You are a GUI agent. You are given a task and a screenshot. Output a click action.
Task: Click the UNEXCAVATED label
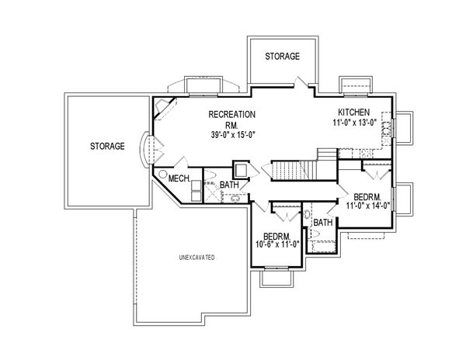(196, 258)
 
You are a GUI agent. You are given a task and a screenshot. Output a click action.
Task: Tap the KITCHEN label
(354, 112)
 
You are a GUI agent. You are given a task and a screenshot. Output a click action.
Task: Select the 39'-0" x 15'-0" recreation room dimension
(234, 135)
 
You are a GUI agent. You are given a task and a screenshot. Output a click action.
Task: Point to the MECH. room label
(179, 178)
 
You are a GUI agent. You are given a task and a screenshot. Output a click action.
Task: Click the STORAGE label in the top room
(283, 56)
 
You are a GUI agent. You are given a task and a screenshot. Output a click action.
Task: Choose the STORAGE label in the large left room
(107, 146)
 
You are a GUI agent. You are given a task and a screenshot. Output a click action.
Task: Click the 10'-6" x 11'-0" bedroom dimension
(277, 244)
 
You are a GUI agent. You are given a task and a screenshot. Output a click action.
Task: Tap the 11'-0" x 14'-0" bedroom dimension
(368, 206)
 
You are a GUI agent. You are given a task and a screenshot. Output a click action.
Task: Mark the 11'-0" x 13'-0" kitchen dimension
(355, 122)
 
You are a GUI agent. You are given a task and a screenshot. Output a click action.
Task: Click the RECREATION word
(231, 114)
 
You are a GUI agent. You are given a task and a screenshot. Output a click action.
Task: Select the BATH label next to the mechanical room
(229, 185)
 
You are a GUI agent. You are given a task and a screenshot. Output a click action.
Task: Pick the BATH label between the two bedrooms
(323, 223)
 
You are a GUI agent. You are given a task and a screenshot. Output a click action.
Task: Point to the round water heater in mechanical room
(162, 174)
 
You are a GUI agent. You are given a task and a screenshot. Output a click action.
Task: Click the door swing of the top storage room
(301, 81)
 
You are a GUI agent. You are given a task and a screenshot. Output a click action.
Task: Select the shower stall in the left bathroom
(212, 193)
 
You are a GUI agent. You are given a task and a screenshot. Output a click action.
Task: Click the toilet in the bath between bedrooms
(308, 213)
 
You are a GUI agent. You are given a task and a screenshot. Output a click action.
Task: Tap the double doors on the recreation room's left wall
(157, 151)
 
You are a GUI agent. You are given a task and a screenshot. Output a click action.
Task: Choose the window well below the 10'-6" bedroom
(276, 279)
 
